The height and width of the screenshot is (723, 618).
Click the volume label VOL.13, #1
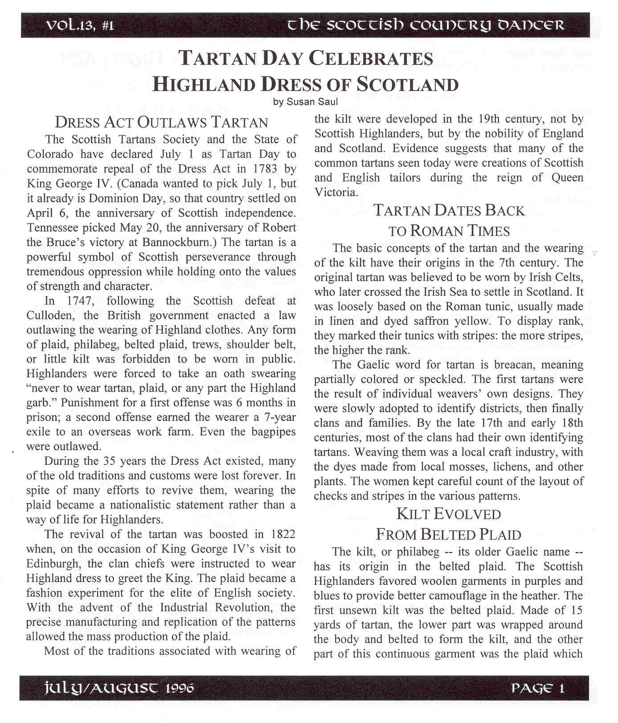click(80, 25)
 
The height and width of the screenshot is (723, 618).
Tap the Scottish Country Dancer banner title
click(426, 25)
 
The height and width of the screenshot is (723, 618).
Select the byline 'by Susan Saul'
click(306, 102)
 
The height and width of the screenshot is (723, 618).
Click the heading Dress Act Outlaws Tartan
click(161, 122)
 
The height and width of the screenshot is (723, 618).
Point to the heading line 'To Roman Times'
click(449, 231)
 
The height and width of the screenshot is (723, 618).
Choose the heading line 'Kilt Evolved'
click(449, 514)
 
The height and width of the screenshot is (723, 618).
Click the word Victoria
click(336, 192)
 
